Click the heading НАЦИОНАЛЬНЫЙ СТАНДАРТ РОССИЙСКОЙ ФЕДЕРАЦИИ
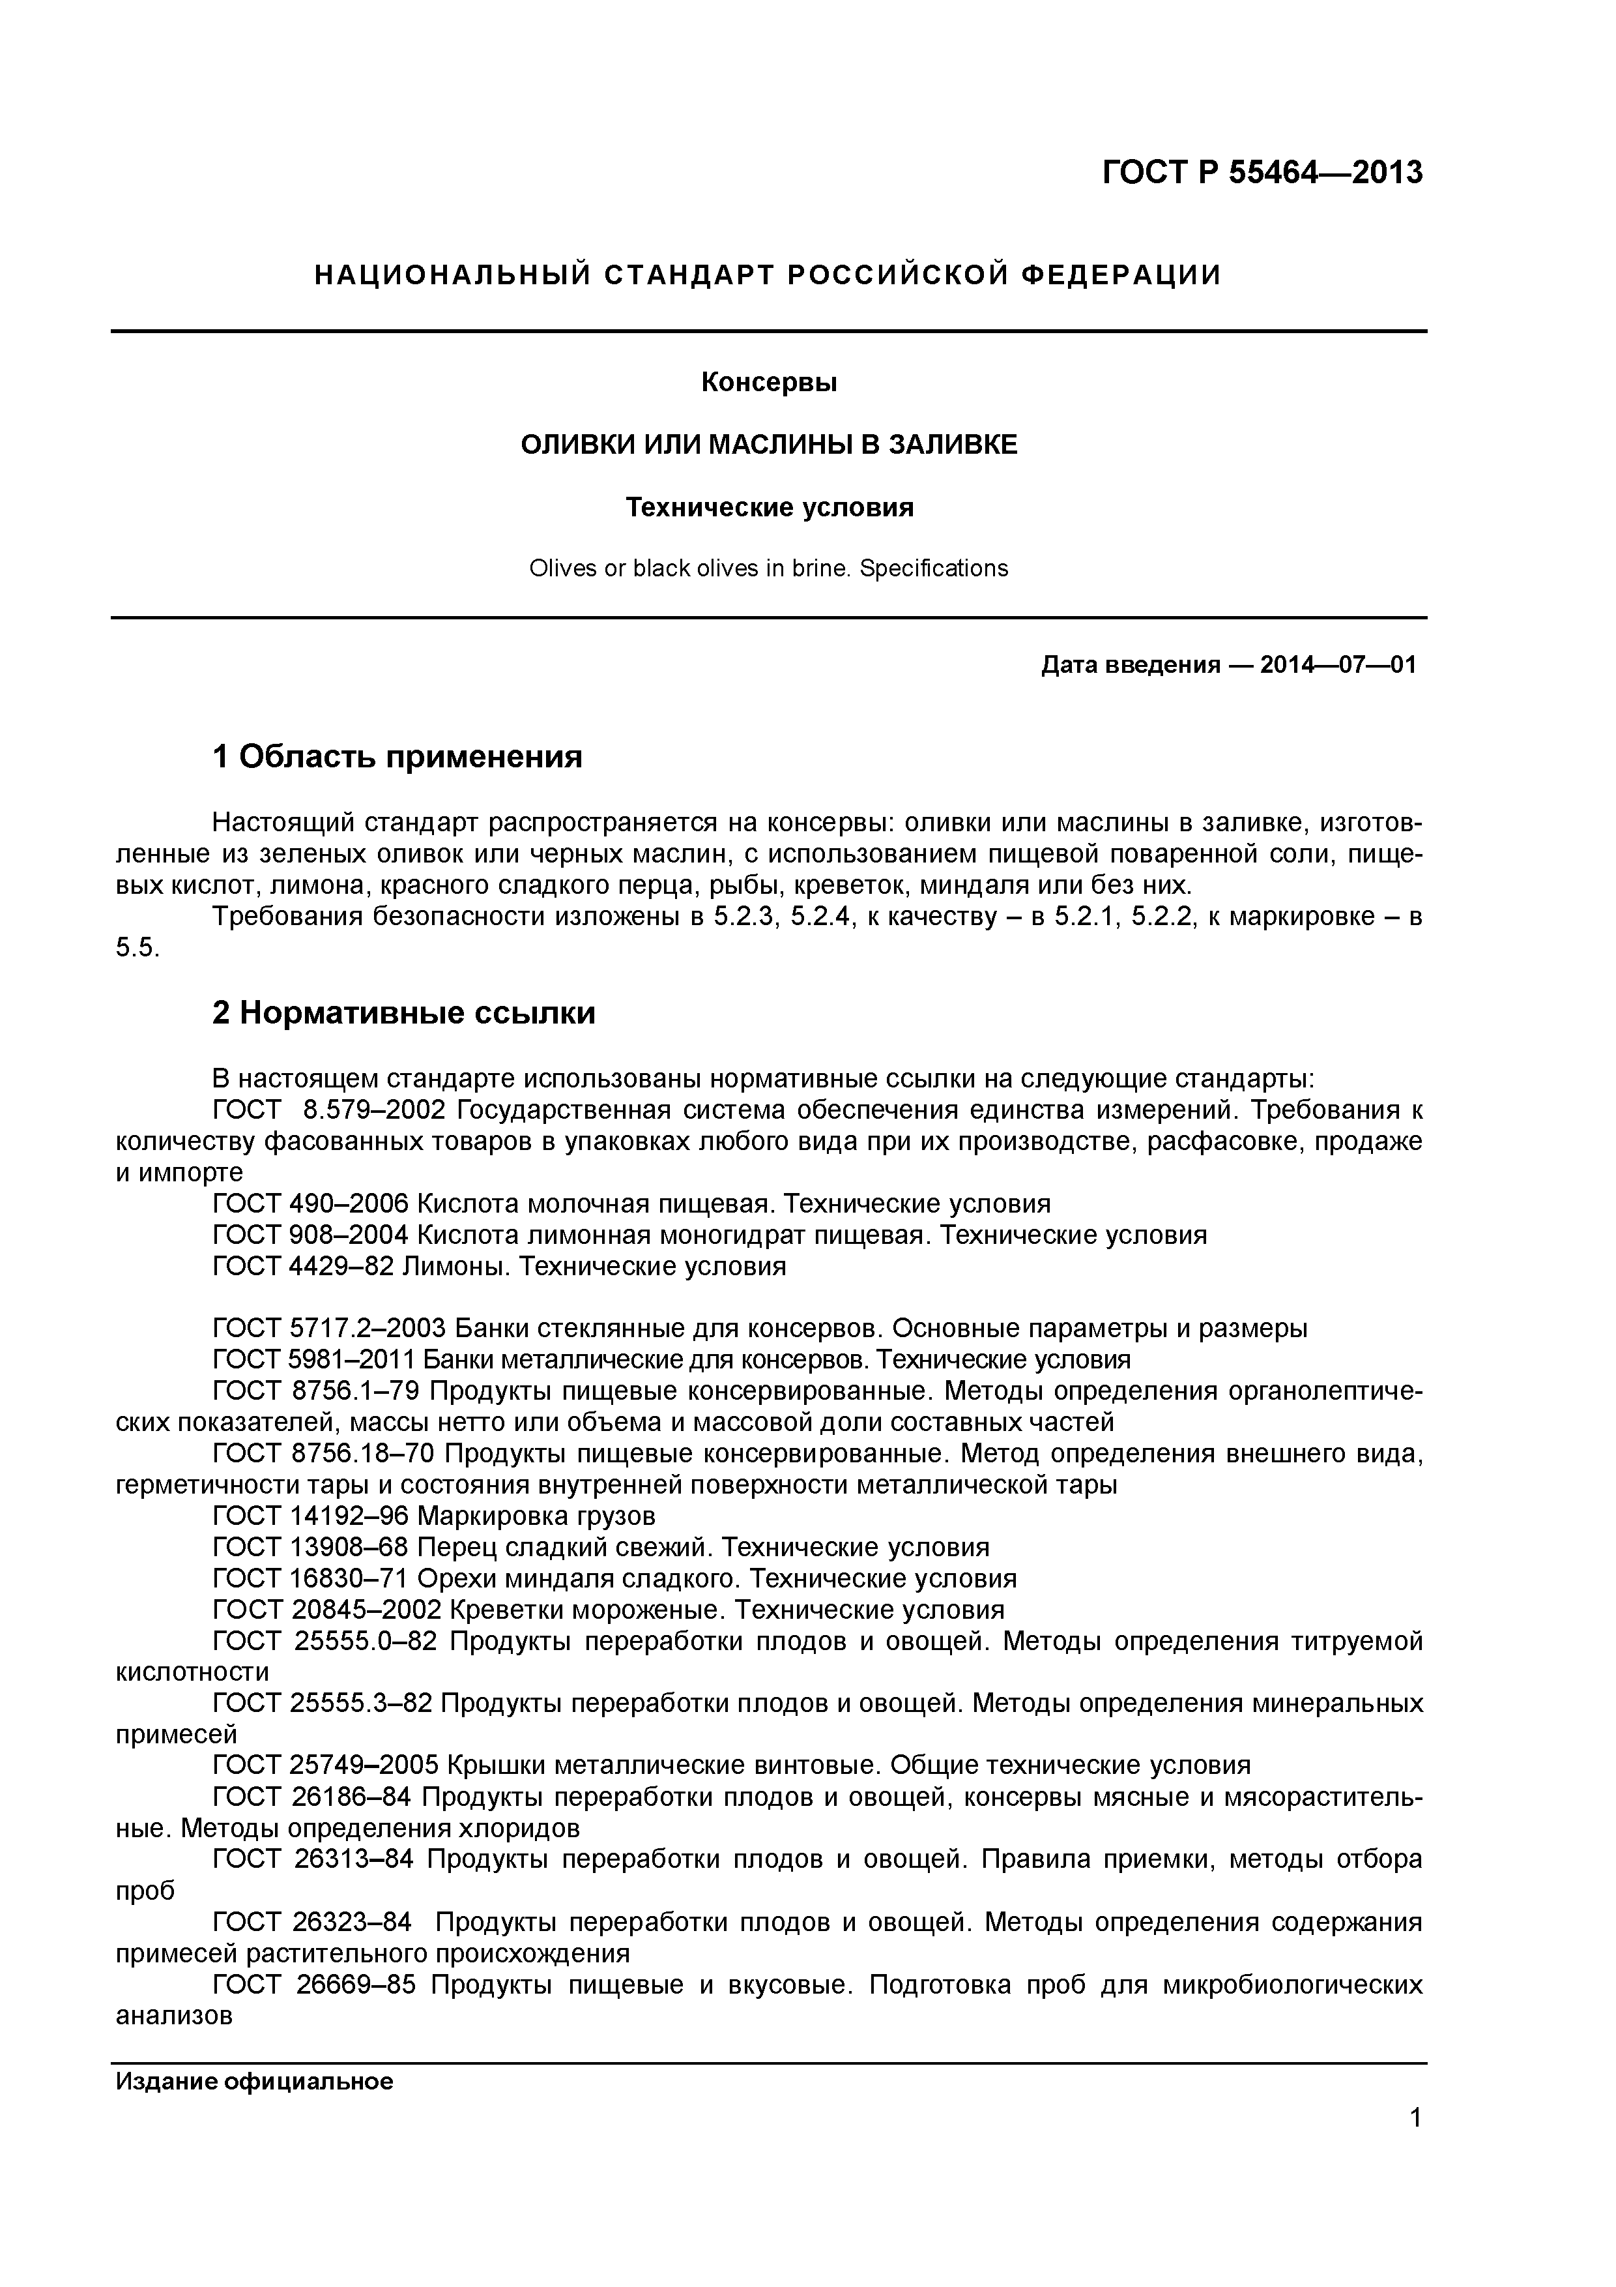tap(768, 275)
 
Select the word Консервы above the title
tap(769, 383)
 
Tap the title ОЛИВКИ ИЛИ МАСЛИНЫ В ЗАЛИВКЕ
tap(769, 445)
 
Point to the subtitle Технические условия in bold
tap(769, 508)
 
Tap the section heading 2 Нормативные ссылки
tap(403, 1013)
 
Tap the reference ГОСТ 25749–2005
tap(326, 1766)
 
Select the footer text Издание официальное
tap(254, 2081)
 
